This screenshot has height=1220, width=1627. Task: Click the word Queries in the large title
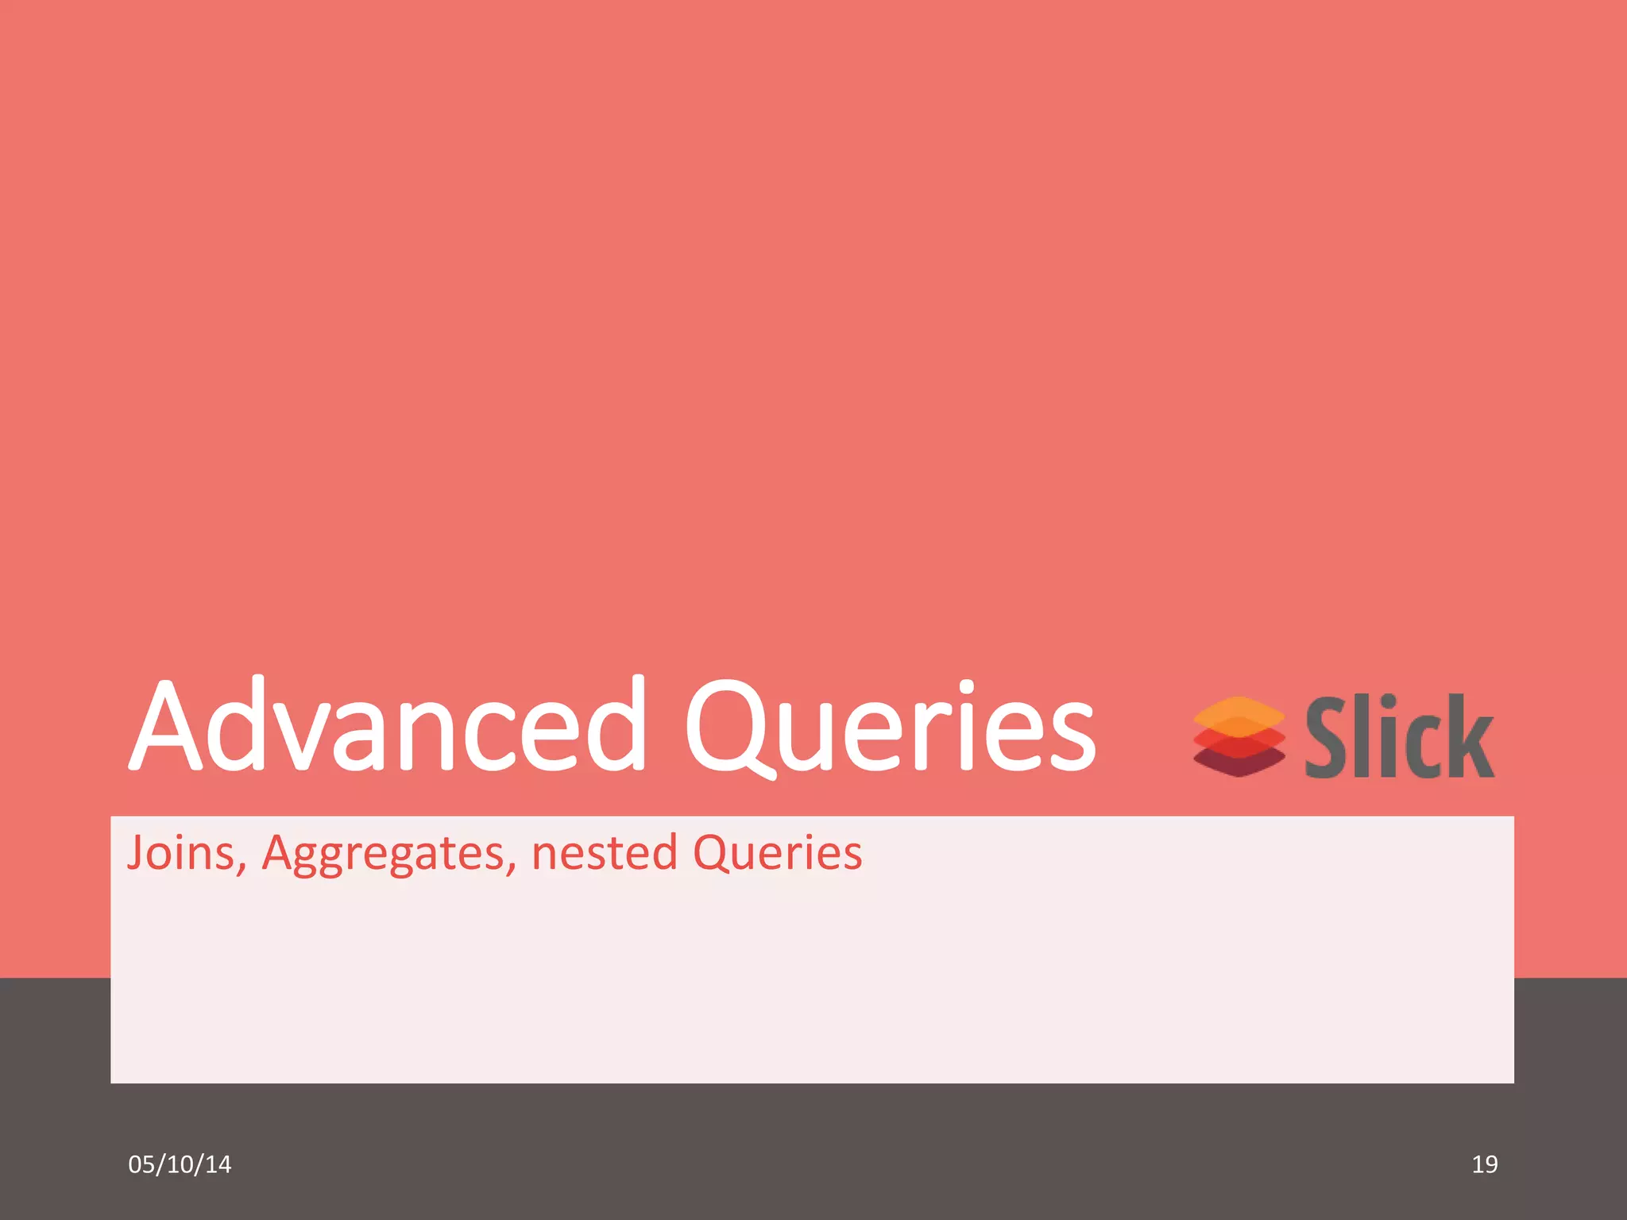890,727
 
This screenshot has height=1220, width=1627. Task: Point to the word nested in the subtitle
604,853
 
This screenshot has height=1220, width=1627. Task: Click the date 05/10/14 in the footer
180,1164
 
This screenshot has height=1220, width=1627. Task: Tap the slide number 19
1484,1164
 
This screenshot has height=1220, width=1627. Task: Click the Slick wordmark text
1400,736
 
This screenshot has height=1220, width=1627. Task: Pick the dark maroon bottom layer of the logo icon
1239,764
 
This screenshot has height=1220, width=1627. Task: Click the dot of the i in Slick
1388,704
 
